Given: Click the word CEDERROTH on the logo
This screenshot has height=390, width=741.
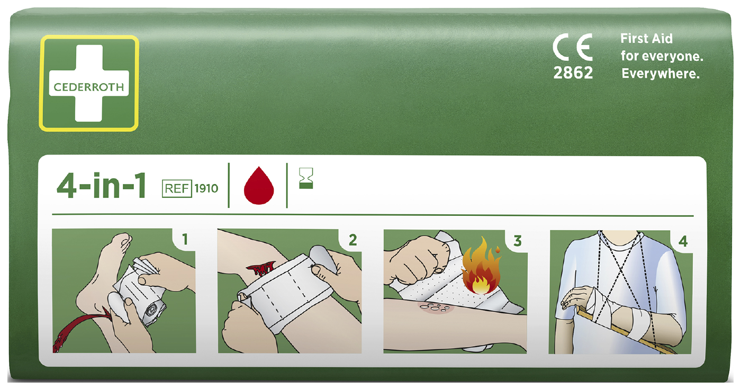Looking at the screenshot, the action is pos(89,87).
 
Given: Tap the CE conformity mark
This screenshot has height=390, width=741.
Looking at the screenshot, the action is pos(573,47).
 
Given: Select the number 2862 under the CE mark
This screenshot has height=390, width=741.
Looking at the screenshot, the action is pos(573,73).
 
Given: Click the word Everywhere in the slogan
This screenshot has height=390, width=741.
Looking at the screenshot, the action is pos(661,74).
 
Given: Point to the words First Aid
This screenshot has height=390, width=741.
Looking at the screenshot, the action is pos(646,39).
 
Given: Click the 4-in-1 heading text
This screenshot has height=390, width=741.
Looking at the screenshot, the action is pos(101,186).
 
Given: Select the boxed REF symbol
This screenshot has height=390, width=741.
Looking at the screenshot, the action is pos(177,188).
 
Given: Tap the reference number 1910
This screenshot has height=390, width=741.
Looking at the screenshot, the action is pos(206,188).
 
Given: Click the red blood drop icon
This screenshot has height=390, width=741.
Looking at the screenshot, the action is pos(259,186).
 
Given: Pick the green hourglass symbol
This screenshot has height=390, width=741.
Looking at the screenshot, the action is pos(306,178).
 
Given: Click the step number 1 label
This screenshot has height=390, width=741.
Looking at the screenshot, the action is pos(185,240).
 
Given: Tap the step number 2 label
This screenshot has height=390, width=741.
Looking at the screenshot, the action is pos(353,240).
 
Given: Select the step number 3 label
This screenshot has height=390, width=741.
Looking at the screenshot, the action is pos(518,241).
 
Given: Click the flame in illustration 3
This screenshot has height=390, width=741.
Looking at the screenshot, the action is pos(481,266).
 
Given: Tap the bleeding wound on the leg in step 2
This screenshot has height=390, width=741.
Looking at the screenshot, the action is pos(261,268).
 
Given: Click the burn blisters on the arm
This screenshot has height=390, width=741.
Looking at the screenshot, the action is pos(435,308).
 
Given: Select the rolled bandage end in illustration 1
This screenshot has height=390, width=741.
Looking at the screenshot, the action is pos(153,311).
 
